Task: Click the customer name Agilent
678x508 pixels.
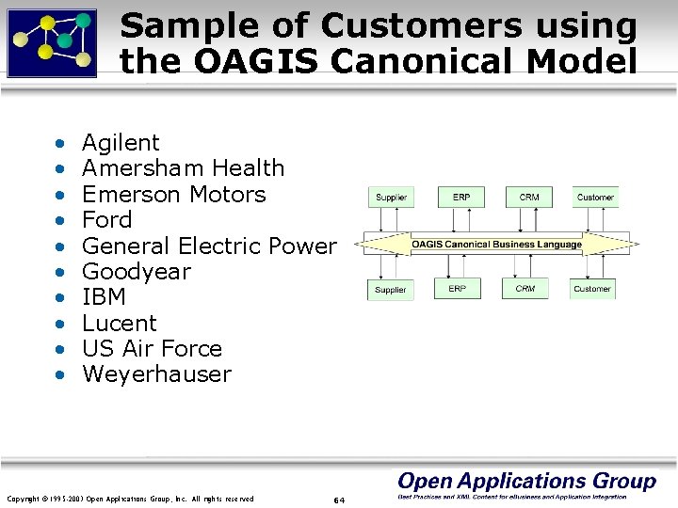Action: pyautogui.click(x=121, y=143)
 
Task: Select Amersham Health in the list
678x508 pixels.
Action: pyautogui.click(x=183, y=168)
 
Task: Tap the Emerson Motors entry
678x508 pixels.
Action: pyautogui.click(x=173, y=195)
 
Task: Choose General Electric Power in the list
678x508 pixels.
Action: pyautogui.click(x=208, y=246)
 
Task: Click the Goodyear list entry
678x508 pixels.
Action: pyautogui.click(x=136, y=272)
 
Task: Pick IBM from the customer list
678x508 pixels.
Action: pyautogui.click(x=104, y=297)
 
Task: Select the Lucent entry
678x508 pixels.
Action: pyautogui.click(x=120, y=324)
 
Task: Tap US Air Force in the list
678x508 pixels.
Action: pyautogui.click(x=152, y=349)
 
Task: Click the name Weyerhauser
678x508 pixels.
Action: pyautogui.click(x=156, y=374)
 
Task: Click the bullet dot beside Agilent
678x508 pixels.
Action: pyautogui.click(x=59, y=145)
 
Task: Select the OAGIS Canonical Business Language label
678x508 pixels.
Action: pyautogui.click(x=496, y=245)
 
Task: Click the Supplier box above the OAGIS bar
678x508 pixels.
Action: pyautogui.click(x=391, y=198)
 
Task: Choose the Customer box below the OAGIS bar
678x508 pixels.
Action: pyautogui.click(x=592, y=289)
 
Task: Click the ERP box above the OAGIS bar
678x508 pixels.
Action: pyautogui.click(x=461, y=198)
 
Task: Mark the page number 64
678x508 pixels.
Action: pyautogui.click(x=339, y=500)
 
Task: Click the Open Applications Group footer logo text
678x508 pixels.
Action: pyautogui.click(x=526, y=481)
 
